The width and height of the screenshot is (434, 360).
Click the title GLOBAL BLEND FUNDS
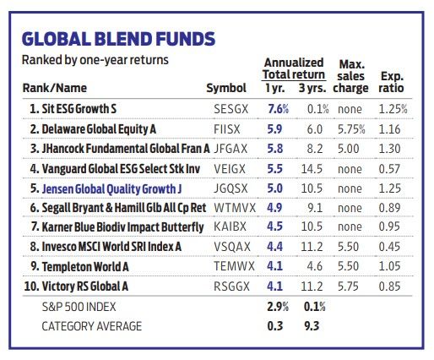[x=117, y=39]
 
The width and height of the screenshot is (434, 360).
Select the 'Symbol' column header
[x=226, y=89]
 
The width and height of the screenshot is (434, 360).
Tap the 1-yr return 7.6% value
[x=278, y=109]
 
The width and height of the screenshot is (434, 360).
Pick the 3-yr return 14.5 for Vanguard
[x=312, y=168]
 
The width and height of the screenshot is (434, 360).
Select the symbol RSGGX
[x=229, y=286]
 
